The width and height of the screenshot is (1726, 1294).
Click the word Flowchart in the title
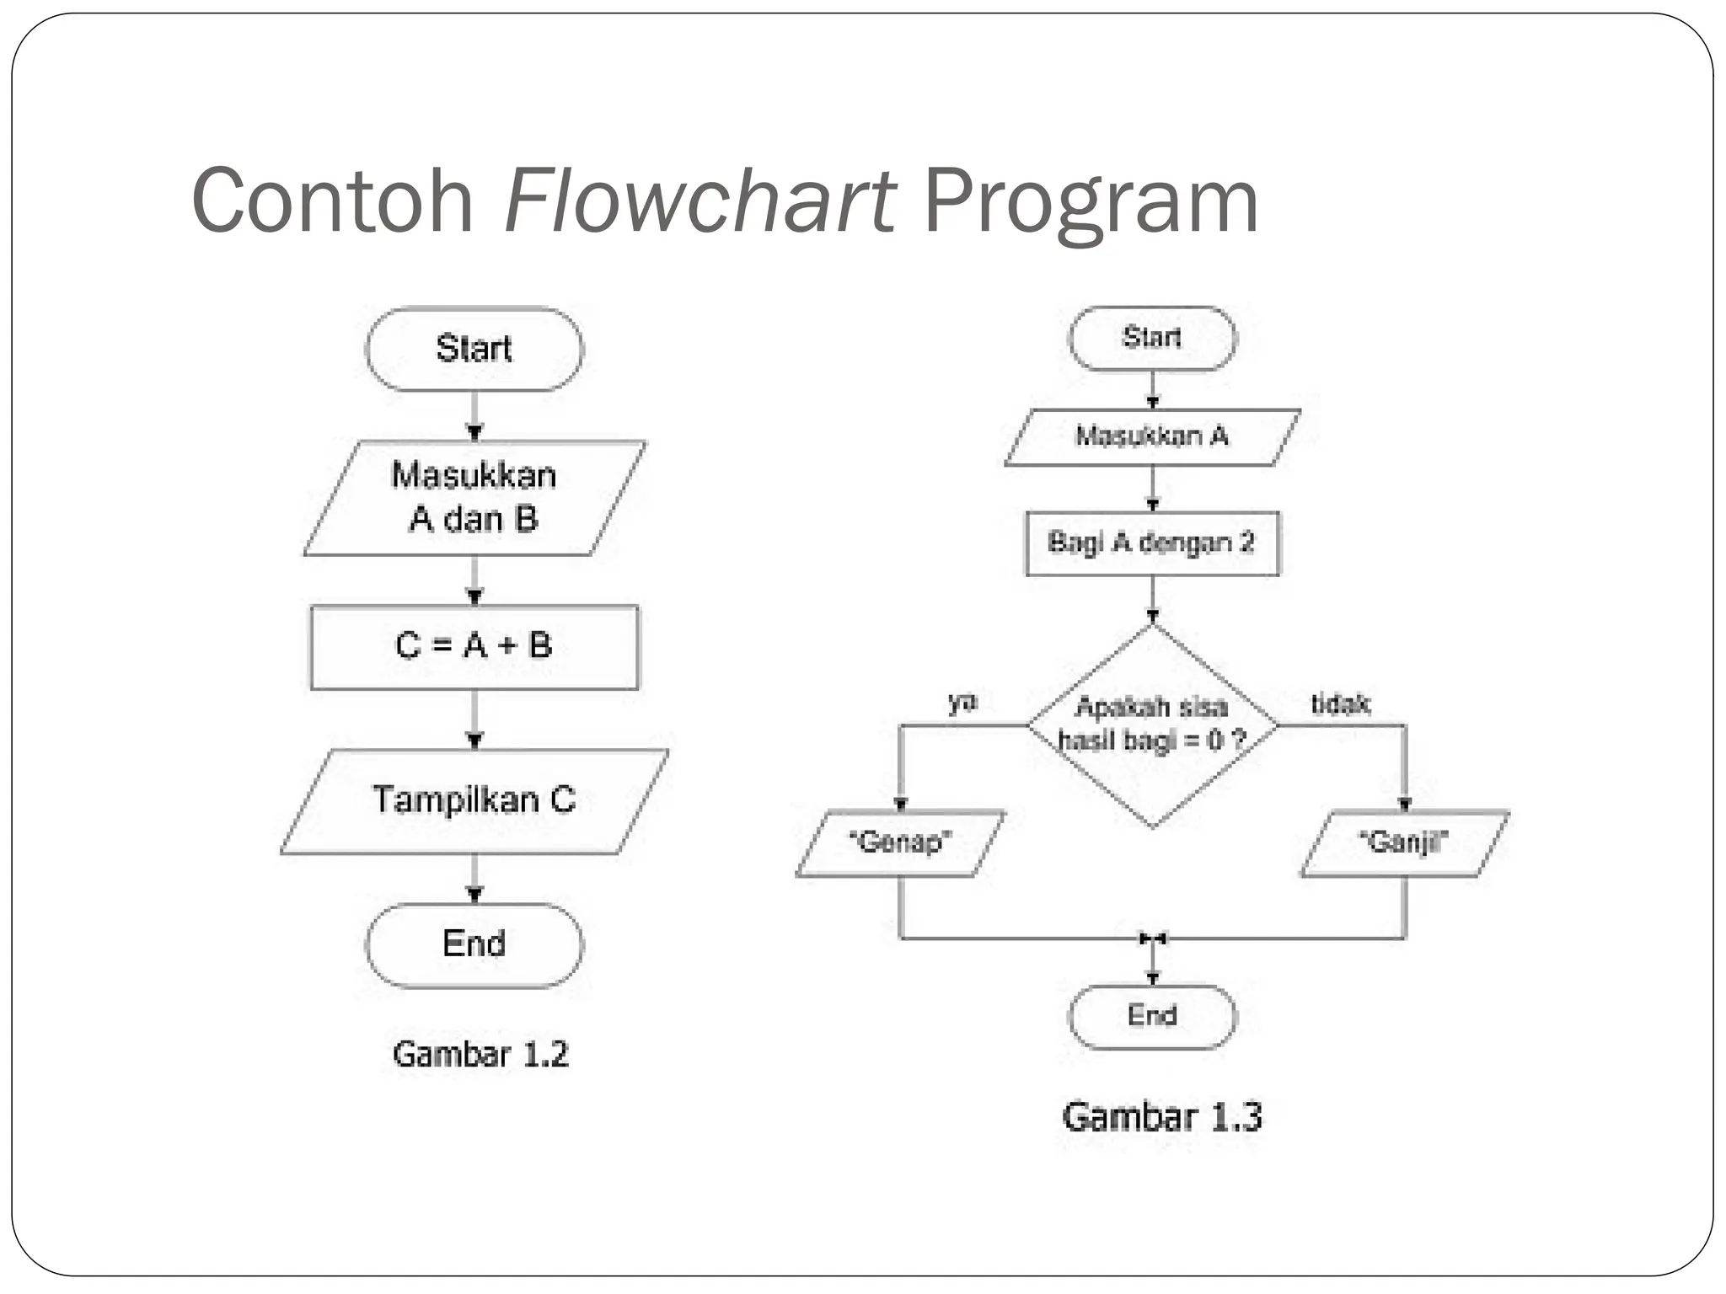pyautogui.click(x=700, y=202)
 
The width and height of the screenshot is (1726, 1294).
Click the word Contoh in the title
pyautogui.click(x=333, y=202)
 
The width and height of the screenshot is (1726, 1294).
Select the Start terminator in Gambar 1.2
pyautogui.click(x=474, y=349)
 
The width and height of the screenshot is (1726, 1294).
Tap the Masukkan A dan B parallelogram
pyautogui.click(x=474, y=498)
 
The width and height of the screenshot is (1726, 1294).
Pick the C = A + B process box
pyautogui.click(x=474, y=647)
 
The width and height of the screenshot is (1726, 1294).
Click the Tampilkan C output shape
pyautogui.click(x=474, y=800)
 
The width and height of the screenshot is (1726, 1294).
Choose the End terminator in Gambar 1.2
pyautogui.click(x=474, y=944)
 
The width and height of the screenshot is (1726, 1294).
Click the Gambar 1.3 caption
pyautogui.click(x=1161, y=1117)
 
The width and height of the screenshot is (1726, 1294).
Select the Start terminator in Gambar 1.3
pyautogui.click(x=1152, y=338)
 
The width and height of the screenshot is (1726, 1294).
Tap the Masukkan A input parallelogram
pyautogui.click(x=1152, y=436)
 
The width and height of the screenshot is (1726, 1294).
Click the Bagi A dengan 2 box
pyautogui.click(x=1152, y=543)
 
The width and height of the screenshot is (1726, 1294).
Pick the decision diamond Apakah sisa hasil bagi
pyautogui.click(x=1152, y=725)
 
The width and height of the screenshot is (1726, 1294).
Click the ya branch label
pyautogui.click(x=962, y=702)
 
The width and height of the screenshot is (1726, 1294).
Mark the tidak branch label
pyautogui.click(x=1340, y=703)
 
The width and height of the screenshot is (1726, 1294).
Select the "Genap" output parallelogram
pyautogui.click(x=900, y=842)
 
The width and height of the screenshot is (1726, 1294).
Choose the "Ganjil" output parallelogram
pyautogui.click(x=1404, y=842)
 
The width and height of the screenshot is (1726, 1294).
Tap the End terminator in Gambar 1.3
pyautogui.click(x=1152, y=1017)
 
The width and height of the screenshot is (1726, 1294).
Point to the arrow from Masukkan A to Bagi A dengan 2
pyautogui.click(x=1152, y=488)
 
